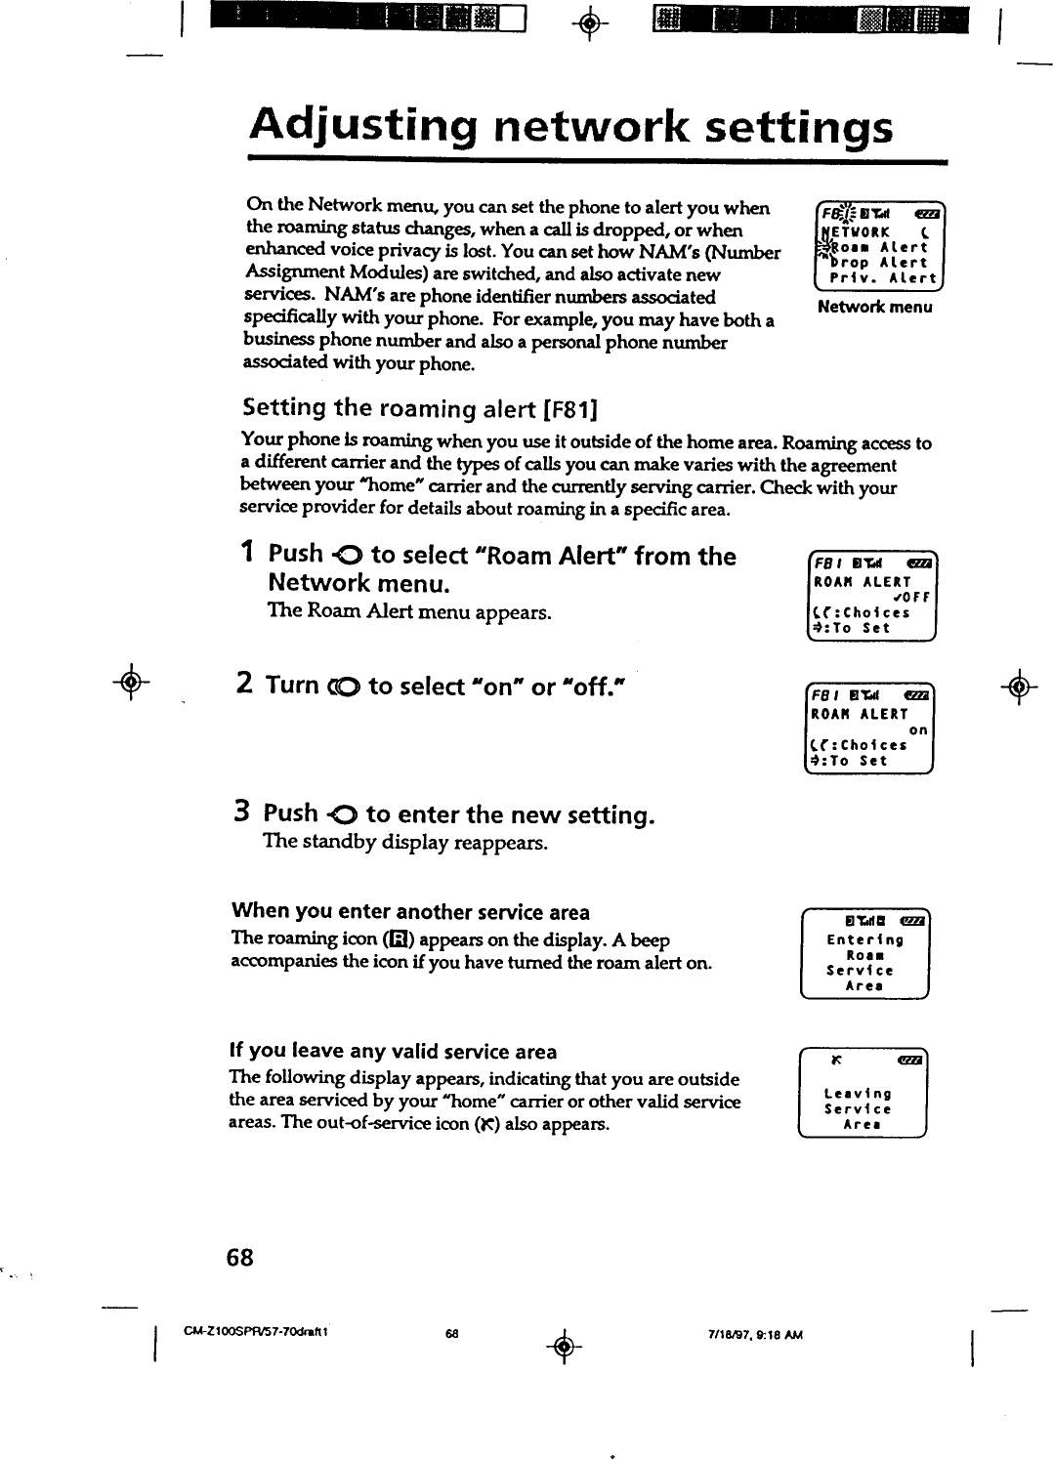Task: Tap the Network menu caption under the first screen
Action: tap(875, 308)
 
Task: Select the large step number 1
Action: tap(248, 554)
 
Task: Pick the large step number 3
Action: tap(244, 813)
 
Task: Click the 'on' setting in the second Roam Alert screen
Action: tap(917, 729)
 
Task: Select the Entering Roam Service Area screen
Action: tap(863, 955)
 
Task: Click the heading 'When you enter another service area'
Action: tap(410, 912)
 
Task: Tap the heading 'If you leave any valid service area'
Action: tap(393, 1052)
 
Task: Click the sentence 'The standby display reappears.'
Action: tap(405, 841)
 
